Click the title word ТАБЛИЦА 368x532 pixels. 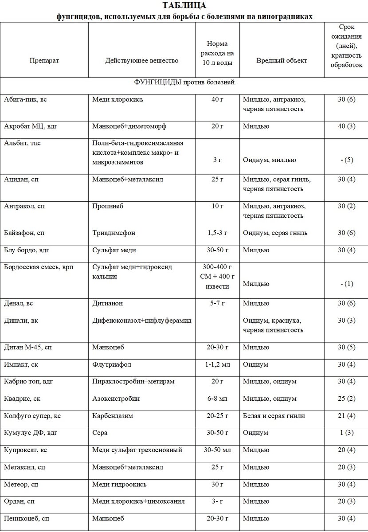184,6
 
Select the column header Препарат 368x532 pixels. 44,60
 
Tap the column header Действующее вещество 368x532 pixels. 142,60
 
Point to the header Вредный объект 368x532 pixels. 282,60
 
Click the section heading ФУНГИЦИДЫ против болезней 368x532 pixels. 184,82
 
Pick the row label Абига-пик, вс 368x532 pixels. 25,99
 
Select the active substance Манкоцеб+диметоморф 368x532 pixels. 129,126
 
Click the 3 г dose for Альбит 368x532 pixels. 217,160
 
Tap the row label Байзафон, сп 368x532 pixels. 24,233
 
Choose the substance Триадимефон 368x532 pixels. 114,233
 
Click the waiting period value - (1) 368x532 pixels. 346,284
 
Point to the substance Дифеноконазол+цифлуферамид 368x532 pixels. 142,320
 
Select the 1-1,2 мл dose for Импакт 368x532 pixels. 217,364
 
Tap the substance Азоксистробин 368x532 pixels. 116,399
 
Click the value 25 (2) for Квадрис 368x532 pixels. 346,399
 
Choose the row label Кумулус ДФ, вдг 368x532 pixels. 31,433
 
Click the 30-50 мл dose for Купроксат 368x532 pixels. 217,450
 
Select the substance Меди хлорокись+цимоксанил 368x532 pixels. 138,501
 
